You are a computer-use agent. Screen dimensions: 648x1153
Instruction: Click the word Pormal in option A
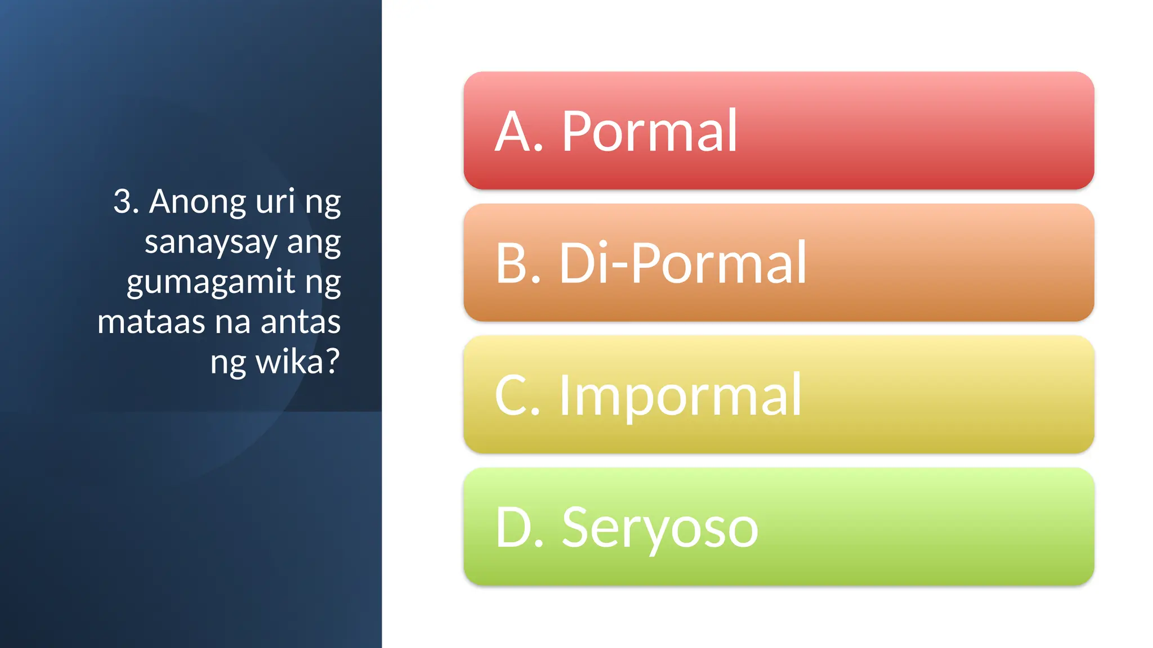coord(649,132)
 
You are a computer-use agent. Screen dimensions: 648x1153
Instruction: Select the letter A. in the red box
coord(518,132)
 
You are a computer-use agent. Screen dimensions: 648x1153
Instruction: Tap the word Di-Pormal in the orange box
coord(682,263)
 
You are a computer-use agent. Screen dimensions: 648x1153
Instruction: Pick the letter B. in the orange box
coord(517,263)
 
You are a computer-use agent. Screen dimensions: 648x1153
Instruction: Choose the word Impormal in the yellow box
coord(680,396)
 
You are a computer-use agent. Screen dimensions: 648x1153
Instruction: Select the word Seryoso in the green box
coord(660,529)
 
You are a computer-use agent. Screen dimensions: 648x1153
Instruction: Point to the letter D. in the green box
coord(519,528)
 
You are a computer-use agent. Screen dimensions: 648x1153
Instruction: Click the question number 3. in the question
coord(126,201)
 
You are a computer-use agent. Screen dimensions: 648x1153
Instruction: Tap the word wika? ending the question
coord(298,362)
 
